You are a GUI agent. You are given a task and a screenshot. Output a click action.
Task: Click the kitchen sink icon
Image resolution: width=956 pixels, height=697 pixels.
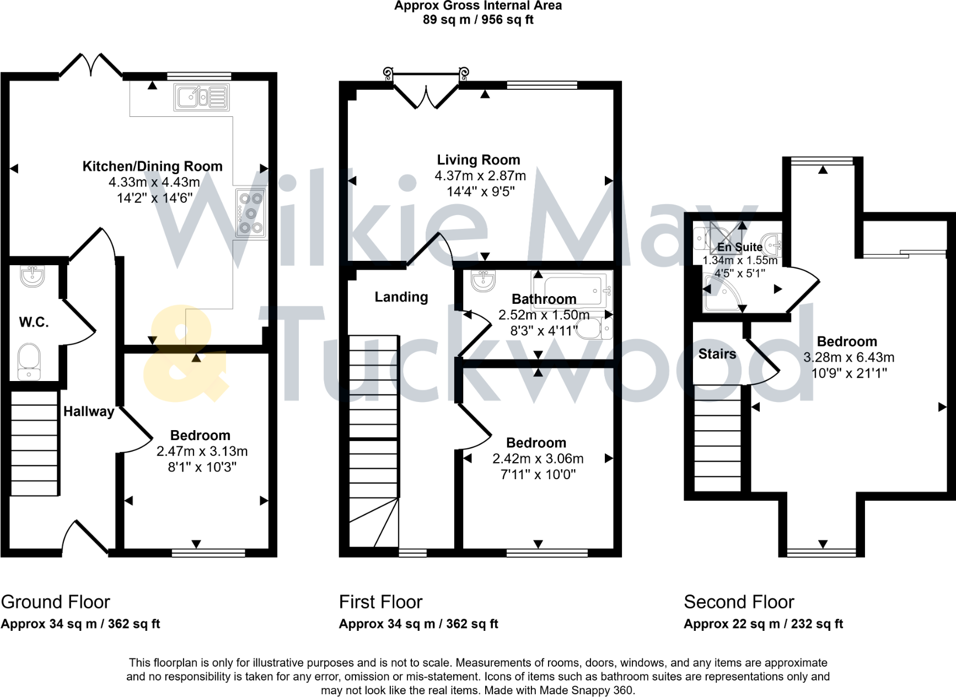pos(202,98)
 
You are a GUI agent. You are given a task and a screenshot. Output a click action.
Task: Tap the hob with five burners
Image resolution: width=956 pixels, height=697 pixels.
pos(251,213)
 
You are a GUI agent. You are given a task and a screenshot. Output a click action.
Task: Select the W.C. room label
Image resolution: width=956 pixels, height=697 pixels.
pos(34,323)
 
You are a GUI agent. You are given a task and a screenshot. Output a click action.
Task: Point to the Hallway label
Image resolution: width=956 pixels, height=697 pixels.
pos(88,411)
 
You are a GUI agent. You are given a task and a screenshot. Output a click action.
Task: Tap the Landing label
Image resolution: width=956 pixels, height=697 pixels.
pos(401,297)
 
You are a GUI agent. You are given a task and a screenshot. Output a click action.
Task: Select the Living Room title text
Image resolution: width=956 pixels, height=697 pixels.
pos(479,160)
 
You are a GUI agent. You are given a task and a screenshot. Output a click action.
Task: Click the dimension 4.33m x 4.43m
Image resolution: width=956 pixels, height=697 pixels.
pos(154,182)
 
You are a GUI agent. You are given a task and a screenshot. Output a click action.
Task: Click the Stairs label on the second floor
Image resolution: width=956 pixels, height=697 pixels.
pos(717,354)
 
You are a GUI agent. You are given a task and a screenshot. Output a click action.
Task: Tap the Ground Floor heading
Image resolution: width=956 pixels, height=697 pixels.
pos(56,602)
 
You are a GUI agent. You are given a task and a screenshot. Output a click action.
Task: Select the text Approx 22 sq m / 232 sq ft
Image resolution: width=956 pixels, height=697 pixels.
pos(763,624)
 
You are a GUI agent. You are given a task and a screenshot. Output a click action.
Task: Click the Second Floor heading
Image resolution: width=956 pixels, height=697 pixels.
pos(739,602)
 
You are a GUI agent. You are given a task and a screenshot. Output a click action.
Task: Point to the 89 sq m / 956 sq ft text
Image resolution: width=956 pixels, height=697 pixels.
pos(478,20)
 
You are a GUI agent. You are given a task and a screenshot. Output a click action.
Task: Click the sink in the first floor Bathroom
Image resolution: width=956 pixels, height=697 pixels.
pos(483,280)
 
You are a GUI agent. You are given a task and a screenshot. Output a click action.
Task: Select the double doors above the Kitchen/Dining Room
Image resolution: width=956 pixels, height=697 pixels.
pos(91,65)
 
